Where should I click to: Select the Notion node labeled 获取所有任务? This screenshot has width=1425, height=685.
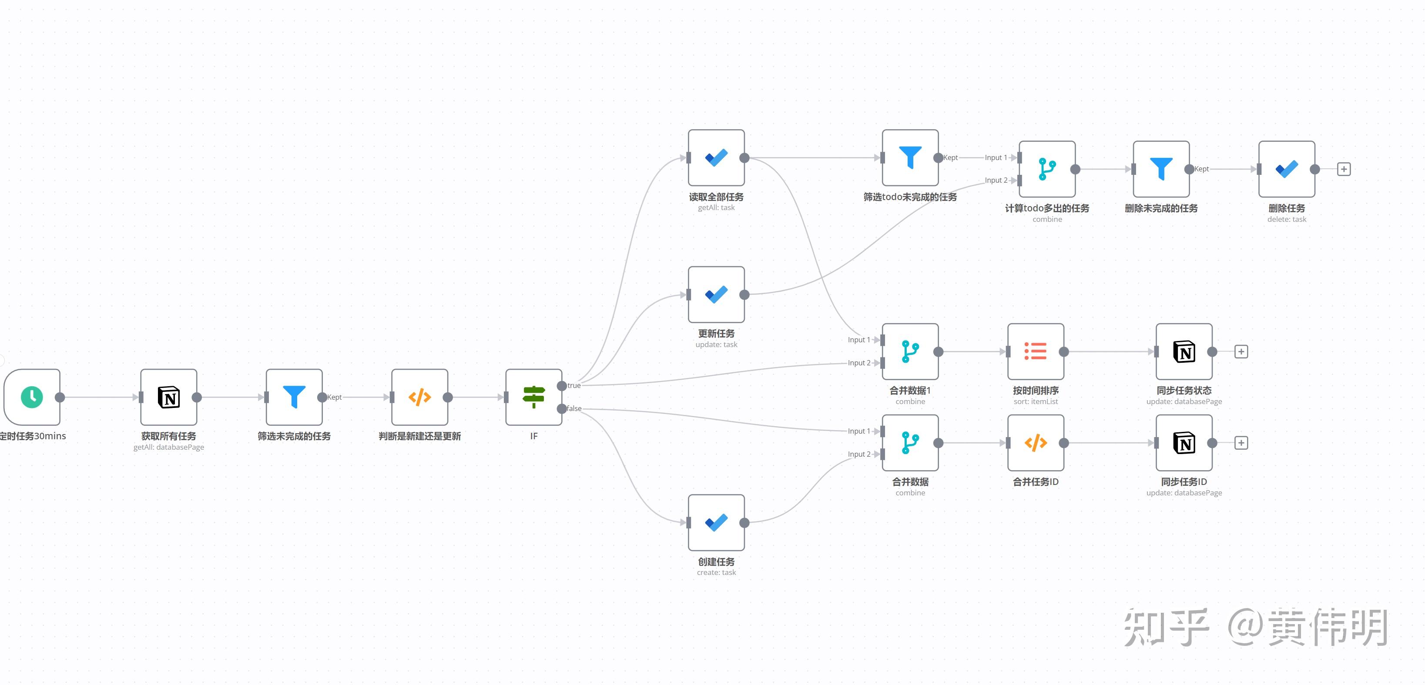click(x=169, y=397)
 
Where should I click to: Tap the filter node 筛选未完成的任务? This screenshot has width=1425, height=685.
click(x=294, y=397)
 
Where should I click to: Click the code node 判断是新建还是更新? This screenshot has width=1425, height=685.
click(x=419, y=397)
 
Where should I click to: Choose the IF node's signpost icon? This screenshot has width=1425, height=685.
click(x=534, y=397)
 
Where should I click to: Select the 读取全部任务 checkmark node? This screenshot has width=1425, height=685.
click(x=716, y=157)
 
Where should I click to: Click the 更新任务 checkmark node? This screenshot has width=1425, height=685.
click(x=716, y=294)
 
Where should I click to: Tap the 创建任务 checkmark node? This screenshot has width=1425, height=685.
click(x=716, y=522)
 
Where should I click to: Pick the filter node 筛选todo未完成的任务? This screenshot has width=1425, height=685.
click(x=910, y=157)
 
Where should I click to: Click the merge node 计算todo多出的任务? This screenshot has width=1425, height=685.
click(x=1047, y=169)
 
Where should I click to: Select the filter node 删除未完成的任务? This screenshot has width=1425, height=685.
click(x=1161, y=169)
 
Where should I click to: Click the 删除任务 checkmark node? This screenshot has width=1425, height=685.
click(x=1287, y=169)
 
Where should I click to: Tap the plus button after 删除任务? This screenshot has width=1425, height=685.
click(x=1344, y=169)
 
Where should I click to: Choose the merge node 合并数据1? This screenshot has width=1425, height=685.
click(x=910, y=351)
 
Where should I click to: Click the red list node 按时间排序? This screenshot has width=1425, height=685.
click(x=1036, y=351)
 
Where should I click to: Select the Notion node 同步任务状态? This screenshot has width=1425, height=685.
click(x=1184, y=351)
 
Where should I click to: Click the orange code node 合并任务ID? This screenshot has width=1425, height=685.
click(x=1036, y=443)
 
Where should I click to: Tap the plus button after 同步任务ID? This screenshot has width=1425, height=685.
click(x=1241, y=443)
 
